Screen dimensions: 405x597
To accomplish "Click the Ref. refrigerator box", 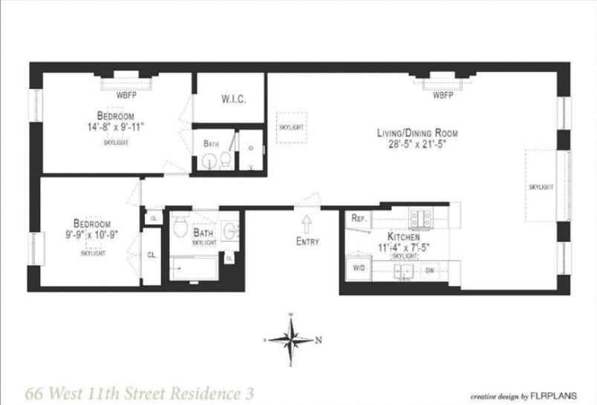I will [357, 219].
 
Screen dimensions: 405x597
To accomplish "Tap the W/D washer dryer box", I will [357, 267].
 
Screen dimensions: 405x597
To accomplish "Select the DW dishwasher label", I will [429, 271].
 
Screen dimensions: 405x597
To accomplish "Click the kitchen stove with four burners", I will [421, 218].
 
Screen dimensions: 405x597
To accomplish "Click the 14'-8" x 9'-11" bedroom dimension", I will [115, 126].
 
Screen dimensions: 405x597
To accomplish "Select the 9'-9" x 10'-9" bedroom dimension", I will [92, 235].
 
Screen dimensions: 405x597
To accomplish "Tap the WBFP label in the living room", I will [443, 95].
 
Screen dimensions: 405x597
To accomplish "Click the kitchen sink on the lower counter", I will [405, 271].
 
